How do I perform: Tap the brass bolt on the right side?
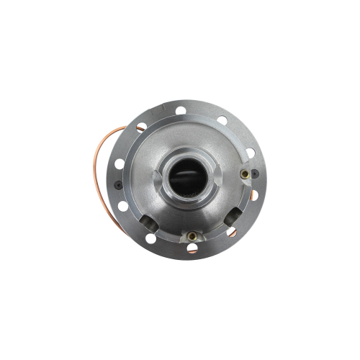[x=245, y=174]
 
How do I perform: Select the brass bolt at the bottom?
[x=189, y=236]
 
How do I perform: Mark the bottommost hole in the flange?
[x=192, y=248]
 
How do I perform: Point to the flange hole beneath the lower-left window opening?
[x=150, y=238]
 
